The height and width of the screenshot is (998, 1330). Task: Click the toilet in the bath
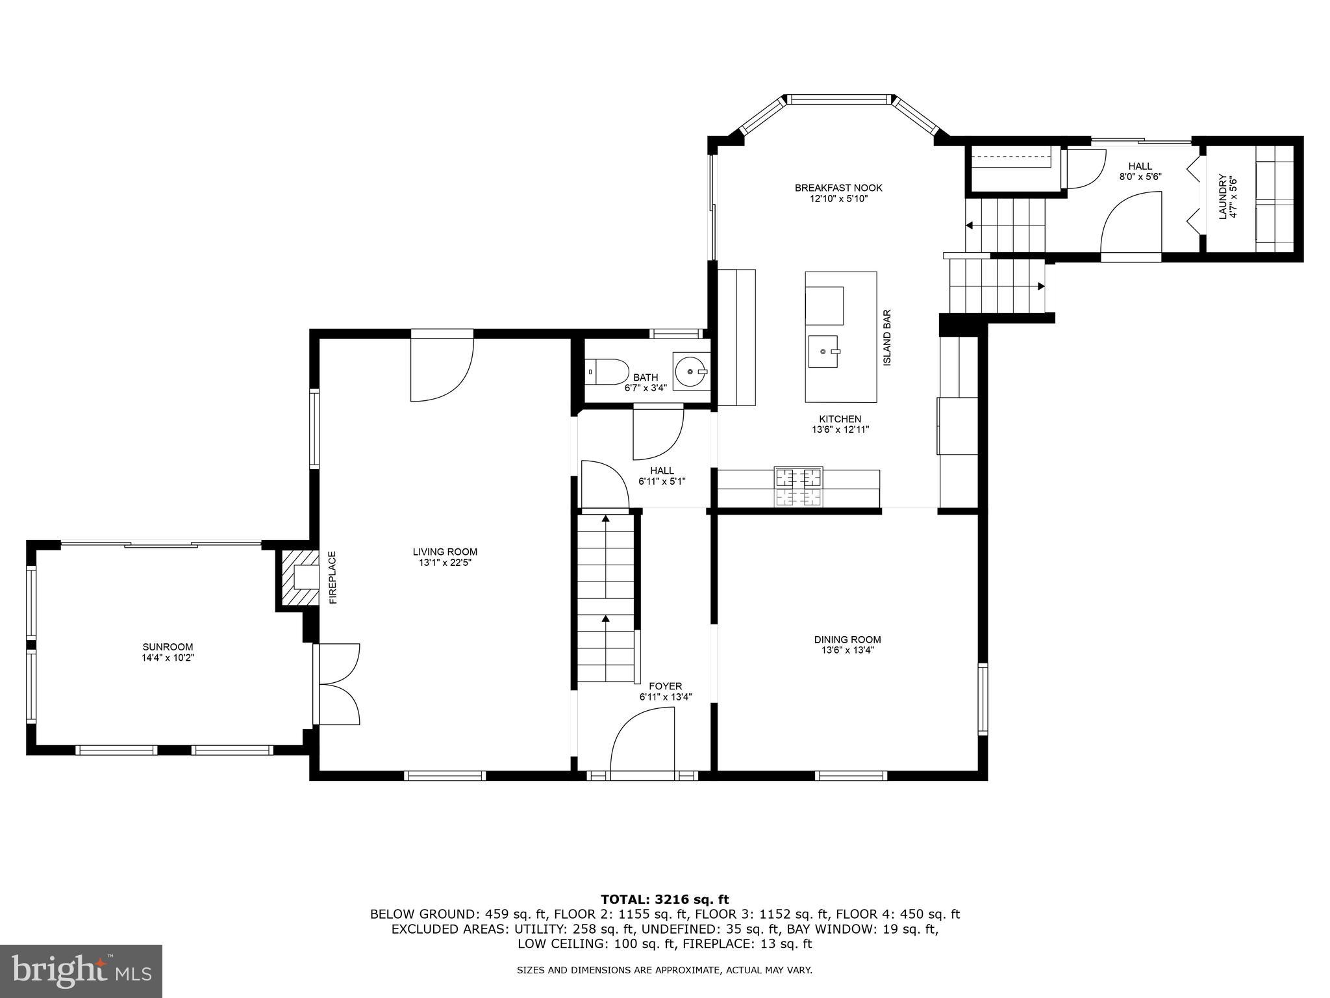coord(608,373)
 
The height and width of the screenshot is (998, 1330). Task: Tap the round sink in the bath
coord(690,372)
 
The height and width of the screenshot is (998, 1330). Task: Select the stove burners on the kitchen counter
coord(799,486)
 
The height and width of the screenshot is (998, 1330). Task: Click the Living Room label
coord(445,552)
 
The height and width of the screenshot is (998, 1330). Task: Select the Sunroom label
coord(168,646)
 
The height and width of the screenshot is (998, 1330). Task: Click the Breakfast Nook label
coord(838,188)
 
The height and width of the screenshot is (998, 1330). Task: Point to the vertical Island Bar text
coord(887,337)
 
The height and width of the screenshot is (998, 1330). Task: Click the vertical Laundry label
coord(1222,197)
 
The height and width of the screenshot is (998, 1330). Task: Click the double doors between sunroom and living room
coord(338,684)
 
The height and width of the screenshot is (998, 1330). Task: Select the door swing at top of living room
coord(442,368)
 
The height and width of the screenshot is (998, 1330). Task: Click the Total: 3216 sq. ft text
coord(664,899)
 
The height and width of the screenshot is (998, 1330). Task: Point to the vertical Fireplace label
coord(332,578)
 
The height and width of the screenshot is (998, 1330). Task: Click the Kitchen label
coord(840,419)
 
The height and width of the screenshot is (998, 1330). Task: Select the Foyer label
coord(665,686)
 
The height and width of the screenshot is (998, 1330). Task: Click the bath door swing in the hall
coord(657,432)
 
